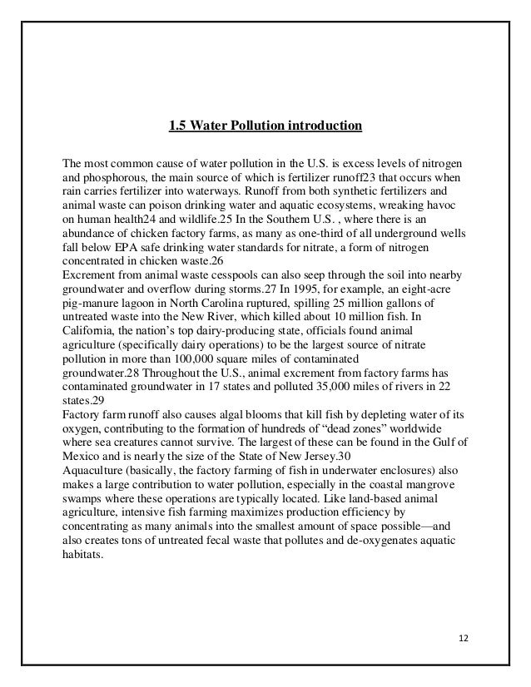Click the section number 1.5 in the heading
click(176, 127)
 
